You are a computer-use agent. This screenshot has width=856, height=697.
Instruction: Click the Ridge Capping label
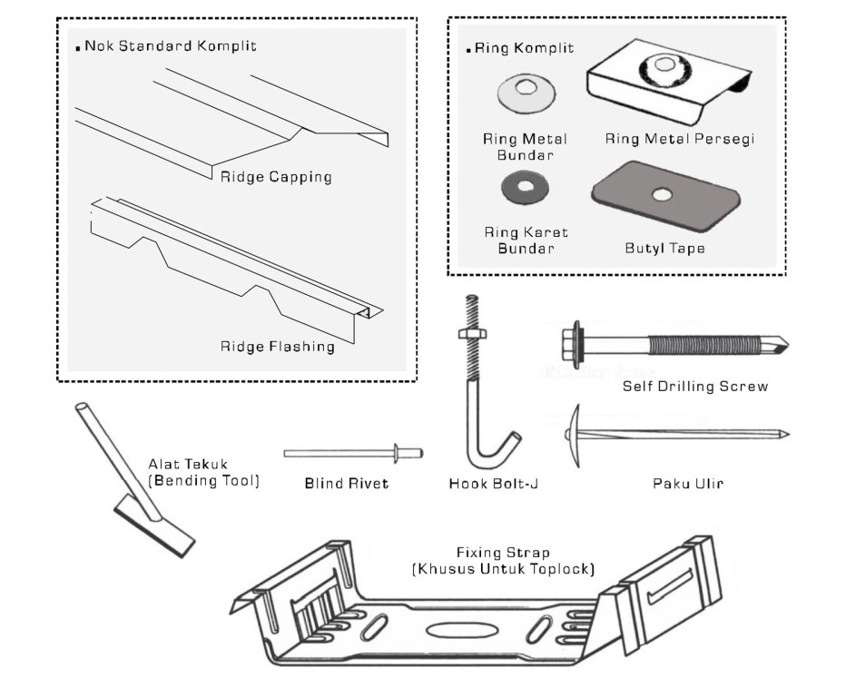[276, 177]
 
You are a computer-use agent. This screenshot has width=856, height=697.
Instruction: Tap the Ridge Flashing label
[277, 346]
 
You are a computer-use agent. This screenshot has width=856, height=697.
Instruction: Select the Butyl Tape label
[664, 248]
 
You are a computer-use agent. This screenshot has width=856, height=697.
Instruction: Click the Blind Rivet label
[346, 484]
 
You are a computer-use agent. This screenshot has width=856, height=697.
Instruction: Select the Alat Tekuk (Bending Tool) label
[203, 473]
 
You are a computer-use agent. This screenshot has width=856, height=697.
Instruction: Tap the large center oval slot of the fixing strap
[450, 630]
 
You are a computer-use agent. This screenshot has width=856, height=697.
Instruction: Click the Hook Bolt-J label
[494, 484]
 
